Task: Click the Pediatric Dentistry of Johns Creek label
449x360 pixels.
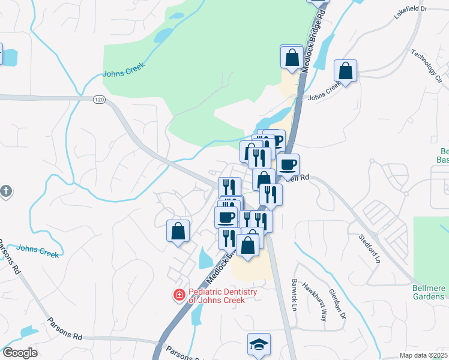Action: tap(222, 296)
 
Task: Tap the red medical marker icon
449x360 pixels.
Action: tap(179, 295)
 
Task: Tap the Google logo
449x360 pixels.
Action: tap(20, 353)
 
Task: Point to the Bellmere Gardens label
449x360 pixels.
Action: tap(429, 292)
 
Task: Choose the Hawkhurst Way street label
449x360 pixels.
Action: tap(315, 295)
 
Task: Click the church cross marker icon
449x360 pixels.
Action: tap(6, 192)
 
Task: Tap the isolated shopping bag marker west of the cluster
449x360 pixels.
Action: tap(178, 231)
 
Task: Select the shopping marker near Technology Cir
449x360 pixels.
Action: tap(346, 71)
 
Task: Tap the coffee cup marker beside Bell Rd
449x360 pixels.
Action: tap(288, 164)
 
